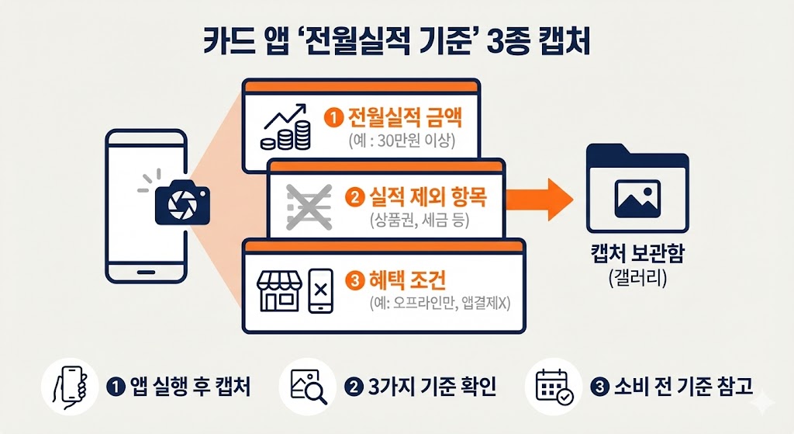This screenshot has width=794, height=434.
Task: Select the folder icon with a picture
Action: coord(637,189)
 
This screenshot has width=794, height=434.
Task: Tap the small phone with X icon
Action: coord(321,291)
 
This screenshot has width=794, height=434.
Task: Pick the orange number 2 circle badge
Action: coord(354,198)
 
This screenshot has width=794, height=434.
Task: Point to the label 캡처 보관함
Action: coord(637,255)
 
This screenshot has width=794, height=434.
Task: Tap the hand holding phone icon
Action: coord(71,386)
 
